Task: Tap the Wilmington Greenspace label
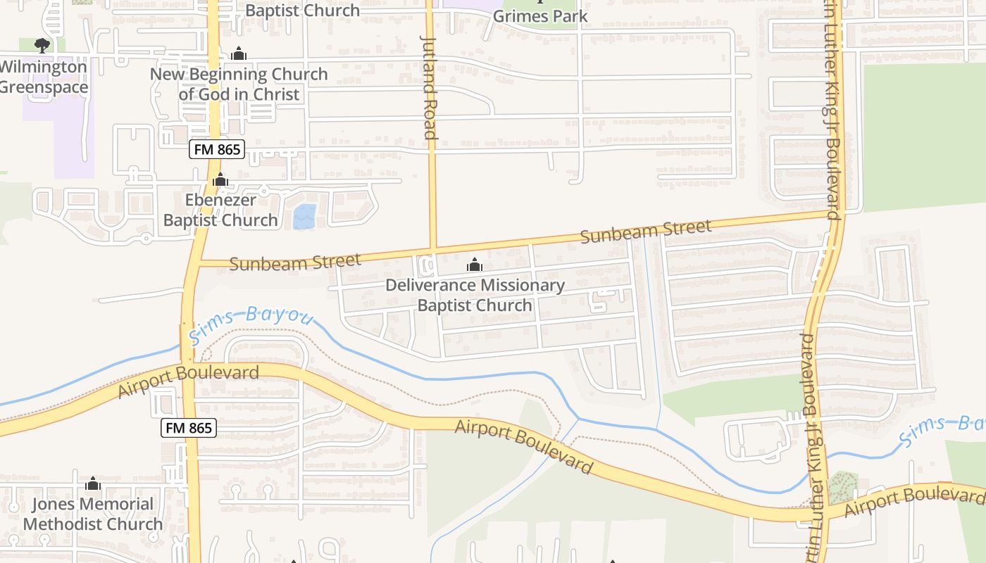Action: (43, 77)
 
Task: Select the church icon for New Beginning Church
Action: (239, 53)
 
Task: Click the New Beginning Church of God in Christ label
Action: (239, 84)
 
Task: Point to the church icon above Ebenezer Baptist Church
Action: (220, 180)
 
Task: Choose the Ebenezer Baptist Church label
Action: (220, 210)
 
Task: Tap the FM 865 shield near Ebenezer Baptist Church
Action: (216, 149)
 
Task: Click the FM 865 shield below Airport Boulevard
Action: (188, 427)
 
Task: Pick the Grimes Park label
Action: (540, 15)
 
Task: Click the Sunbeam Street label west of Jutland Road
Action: (295, 262)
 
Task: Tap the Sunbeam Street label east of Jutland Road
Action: (646, 232)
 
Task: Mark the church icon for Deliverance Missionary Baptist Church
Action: (475, 265)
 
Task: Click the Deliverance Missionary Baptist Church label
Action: (475, 295)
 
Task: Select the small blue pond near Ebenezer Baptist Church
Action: (304, 217)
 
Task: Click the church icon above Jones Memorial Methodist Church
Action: (93, 483)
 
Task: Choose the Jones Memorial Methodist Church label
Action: (93, 514)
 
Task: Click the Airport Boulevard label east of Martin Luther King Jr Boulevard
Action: (913, 500)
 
